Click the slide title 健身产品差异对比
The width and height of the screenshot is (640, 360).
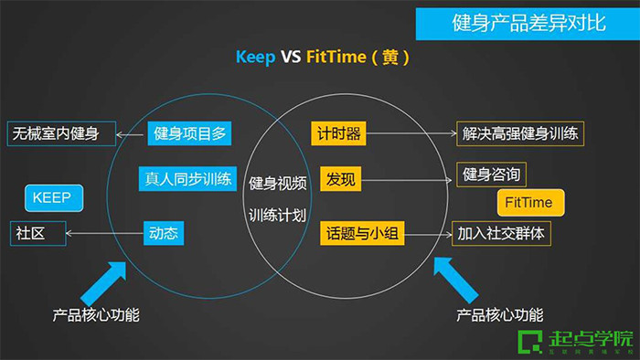pos(528,23)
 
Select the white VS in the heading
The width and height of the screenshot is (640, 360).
pos(291,58)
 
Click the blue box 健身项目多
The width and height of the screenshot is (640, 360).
pos(188,134)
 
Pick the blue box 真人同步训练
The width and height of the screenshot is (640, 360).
pos(189,178)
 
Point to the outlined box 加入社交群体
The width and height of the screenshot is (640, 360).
pos(503,233)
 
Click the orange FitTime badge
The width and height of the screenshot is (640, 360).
pos(530,202)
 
